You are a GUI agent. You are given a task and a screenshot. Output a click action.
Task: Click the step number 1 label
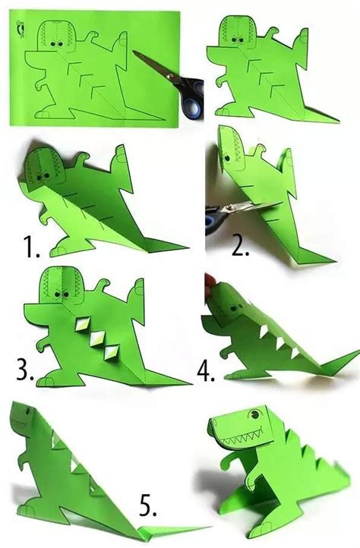31,247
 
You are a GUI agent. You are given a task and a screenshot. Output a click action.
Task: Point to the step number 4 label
206,370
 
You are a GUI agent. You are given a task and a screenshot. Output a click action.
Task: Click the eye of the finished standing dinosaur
254,415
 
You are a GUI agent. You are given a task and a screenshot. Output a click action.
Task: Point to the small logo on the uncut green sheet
21,28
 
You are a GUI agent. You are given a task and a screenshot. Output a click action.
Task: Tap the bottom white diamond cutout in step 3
112,353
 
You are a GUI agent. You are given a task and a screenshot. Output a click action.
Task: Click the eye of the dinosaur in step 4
232,309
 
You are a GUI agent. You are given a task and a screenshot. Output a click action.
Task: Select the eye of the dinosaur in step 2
227,158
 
